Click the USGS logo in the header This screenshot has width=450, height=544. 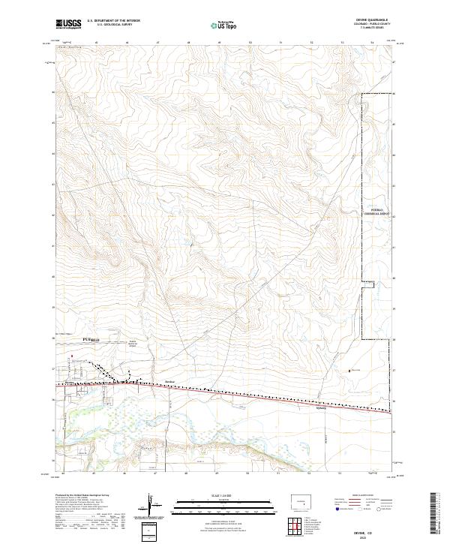coord(68,24)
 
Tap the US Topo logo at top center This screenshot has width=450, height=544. coord(222,25)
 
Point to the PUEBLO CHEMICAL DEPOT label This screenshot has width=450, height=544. coord(377,212)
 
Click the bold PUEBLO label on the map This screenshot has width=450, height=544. coord(91,340)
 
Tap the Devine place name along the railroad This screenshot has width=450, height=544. coord(169,380)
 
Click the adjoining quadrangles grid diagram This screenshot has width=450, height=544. coord(298,525)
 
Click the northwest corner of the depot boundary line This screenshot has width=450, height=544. coord(364,95)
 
